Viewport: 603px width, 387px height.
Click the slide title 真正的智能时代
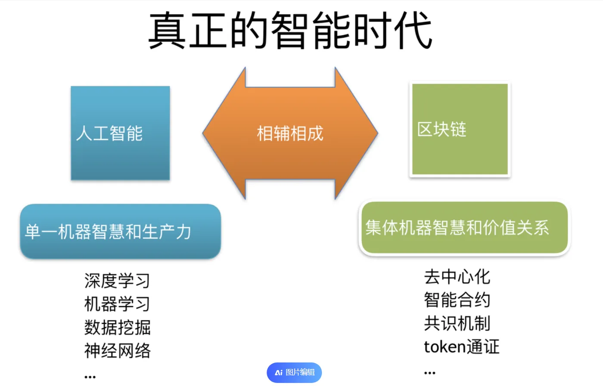pos(290,31)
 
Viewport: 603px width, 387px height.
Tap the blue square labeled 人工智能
pos(120,133)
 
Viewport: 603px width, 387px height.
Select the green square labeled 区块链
pos(460,129)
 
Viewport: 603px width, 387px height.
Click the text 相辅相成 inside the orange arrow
pos(290,133)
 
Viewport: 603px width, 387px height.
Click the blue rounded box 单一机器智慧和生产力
pos(120,232)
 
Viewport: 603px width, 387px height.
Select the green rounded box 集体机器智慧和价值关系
pos(464,228)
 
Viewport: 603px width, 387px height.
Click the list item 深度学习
pos(117,281)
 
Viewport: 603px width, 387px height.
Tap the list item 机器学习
pos(117,304)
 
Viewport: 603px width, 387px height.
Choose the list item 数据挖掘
pos(117,327)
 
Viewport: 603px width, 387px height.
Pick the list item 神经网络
pos(117,350)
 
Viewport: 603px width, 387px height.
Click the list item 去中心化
pos(457,277)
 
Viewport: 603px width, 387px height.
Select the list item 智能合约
pos(457,300)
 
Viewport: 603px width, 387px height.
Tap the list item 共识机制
pos(457,323)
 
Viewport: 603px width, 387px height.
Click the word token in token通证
pos(444,347)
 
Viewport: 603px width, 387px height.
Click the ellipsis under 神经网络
pos(90,377)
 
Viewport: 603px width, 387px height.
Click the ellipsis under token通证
pos(429,373)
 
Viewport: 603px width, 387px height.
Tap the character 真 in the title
pos(167,31)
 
